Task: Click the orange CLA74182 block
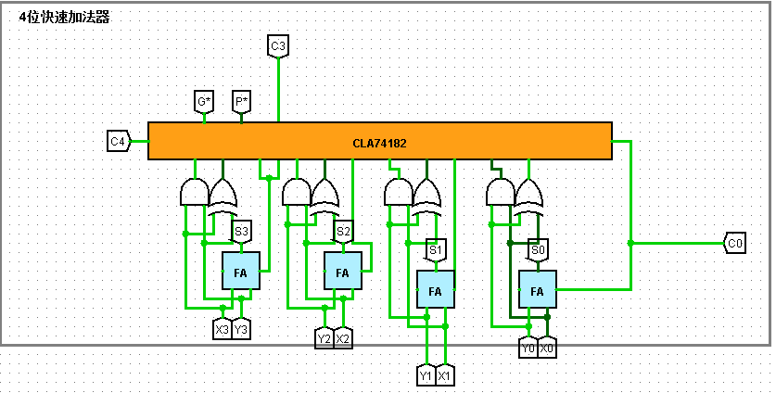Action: tap(379, 142)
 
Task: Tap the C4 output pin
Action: tap(118, 142)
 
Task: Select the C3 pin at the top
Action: tap(278, 45)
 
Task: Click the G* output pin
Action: tap(204, 101)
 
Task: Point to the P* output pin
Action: tap(241, 101)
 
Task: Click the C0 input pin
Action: tap(734, 244)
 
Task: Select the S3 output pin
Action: tap(241, 231)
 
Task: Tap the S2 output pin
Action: tap(343, 231)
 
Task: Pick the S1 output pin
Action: tap(436, 249)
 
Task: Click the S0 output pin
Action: tap(538, 249)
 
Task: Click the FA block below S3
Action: tap(240, 272)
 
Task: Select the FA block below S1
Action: tap(435, 290)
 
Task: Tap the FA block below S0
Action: tap(537, 290)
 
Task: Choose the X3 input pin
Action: tap(223, 329)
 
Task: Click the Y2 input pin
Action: tap(324, 338)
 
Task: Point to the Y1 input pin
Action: tap(426, 375)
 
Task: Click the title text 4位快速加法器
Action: tap(64, 18)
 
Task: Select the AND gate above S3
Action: tap(194, 192)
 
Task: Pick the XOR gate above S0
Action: tap(528, 194)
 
